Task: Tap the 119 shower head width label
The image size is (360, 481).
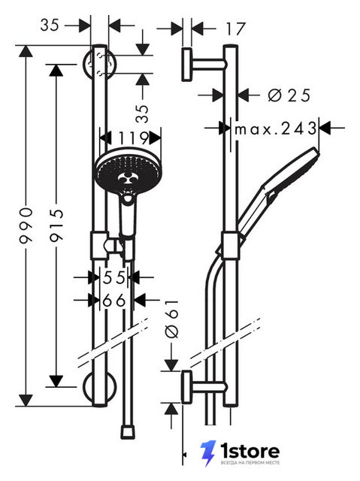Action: [x=133, y=138]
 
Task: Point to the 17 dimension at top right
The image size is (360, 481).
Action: [x=236, y=29]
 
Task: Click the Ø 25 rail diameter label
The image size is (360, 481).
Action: [x=289, y=95]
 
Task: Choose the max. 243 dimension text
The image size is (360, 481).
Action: [x=275, y=129]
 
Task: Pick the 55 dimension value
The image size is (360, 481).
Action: [x=114, y=277]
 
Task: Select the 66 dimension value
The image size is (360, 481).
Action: [x=114, y=301]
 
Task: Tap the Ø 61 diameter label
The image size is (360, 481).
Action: [x=171, y=319]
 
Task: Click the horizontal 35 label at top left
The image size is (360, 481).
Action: [x=50, y=25]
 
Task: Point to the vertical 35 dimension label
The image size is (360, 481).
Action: [x=142, y=113]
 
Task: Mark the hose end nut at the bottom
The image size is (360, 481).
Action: [x=127, y=431]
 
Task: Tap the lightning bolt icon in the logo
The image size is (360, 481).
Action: [x=208, y=453]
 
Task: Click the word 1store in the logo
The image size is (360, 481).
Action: [x=250, y=451]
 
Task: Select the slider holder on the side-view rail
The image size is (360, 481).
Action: [x=229, y=246]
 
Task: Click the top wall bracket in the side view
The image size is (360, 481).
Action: [x=204, y=65]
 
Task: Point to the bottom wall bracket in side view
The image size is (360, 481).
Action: [x=204, y=387]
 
